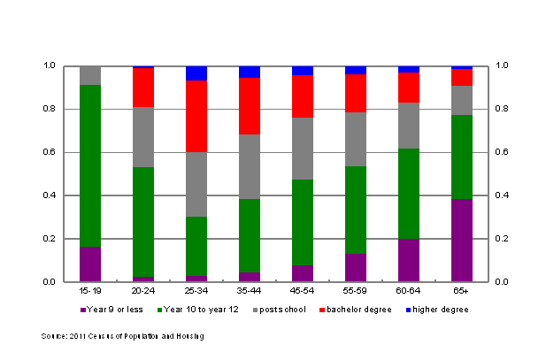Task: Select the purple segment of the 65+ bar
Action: tap(462, 240)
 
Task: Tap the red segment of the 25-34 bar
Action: tap(196, 116)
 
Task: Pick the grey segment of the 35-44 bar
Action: tap(250, 166)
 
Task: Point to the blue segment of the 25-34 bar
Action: tap(196, 73)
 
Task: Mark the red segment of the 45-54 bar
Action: tap(303, 96)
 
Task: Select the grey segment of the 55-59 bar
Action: tap(356, 139)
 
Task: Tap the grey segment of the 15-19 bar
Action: tap(90, 75)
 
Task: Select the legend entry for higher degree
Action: tap(437, 310)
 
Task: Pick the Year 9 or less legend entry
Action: tap(110, 310)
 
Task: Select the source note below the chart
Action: tap(123, 336)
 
